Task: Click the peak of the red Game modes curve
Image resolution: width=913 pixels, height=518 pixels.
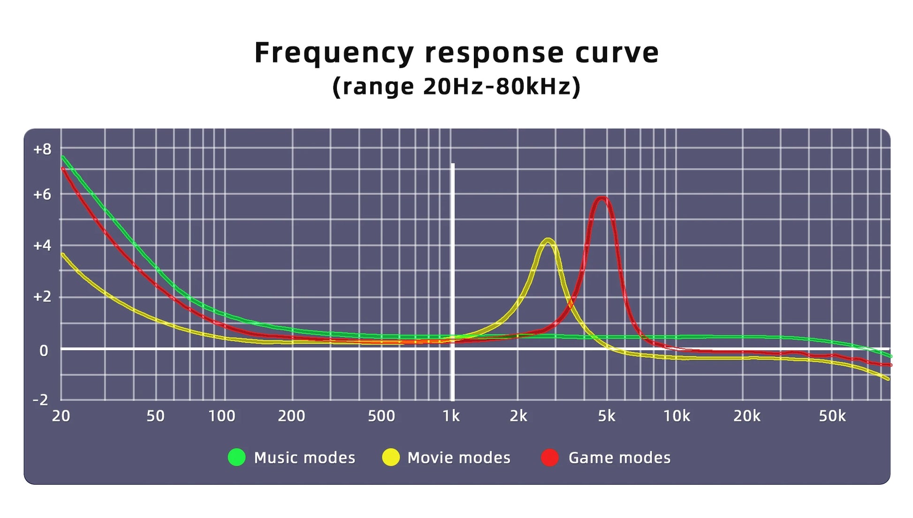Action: [601, 198]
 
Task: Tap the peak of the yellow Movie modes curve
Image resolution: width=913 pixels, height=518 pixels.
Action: [548, 240]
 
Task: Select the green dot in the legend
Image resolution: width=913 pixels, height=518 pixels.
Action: [236, 457]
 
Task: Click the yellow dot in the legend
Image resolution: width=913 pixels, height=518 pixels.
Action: [391, 457]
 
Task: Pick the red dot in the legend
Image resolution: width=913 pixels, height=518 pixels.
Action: [550, 457]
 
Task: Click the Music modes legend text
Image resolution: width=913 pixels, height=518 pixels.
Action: [304, 458]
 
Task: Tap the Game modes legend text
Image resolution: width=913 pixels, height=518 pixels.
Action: [619, 458]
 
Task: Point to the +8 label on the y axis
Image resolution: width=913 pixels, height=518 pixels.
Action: [42, 150]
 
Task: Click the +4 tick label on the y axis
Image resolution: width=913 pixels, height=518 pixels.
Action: [42, 245]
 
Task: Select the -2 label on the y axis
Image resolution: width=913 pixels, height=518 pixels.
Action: [41, 400]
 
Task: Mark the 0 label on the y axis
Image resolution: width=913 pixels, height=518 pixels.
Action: [44, 350]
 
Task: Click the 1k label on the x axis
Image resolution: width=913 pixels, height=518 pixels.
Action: [451, 416]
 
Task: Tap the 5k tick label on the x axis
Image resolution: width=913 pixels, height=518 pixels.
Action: [606, 416]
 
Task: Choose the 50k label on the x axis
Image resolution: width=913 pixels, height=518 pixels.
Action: [832, 416]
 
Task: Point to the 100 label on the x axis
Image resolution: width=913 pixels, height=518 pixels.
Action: [221, 416]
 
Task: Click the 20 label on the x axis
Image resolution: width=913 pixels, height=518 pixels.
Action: [61, 416]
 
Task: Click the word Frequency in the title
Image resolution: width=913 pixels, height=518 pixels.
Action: [335, 53]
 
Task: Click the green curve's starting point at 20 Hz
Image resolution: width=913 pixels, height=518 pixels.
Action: [62, 157]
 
